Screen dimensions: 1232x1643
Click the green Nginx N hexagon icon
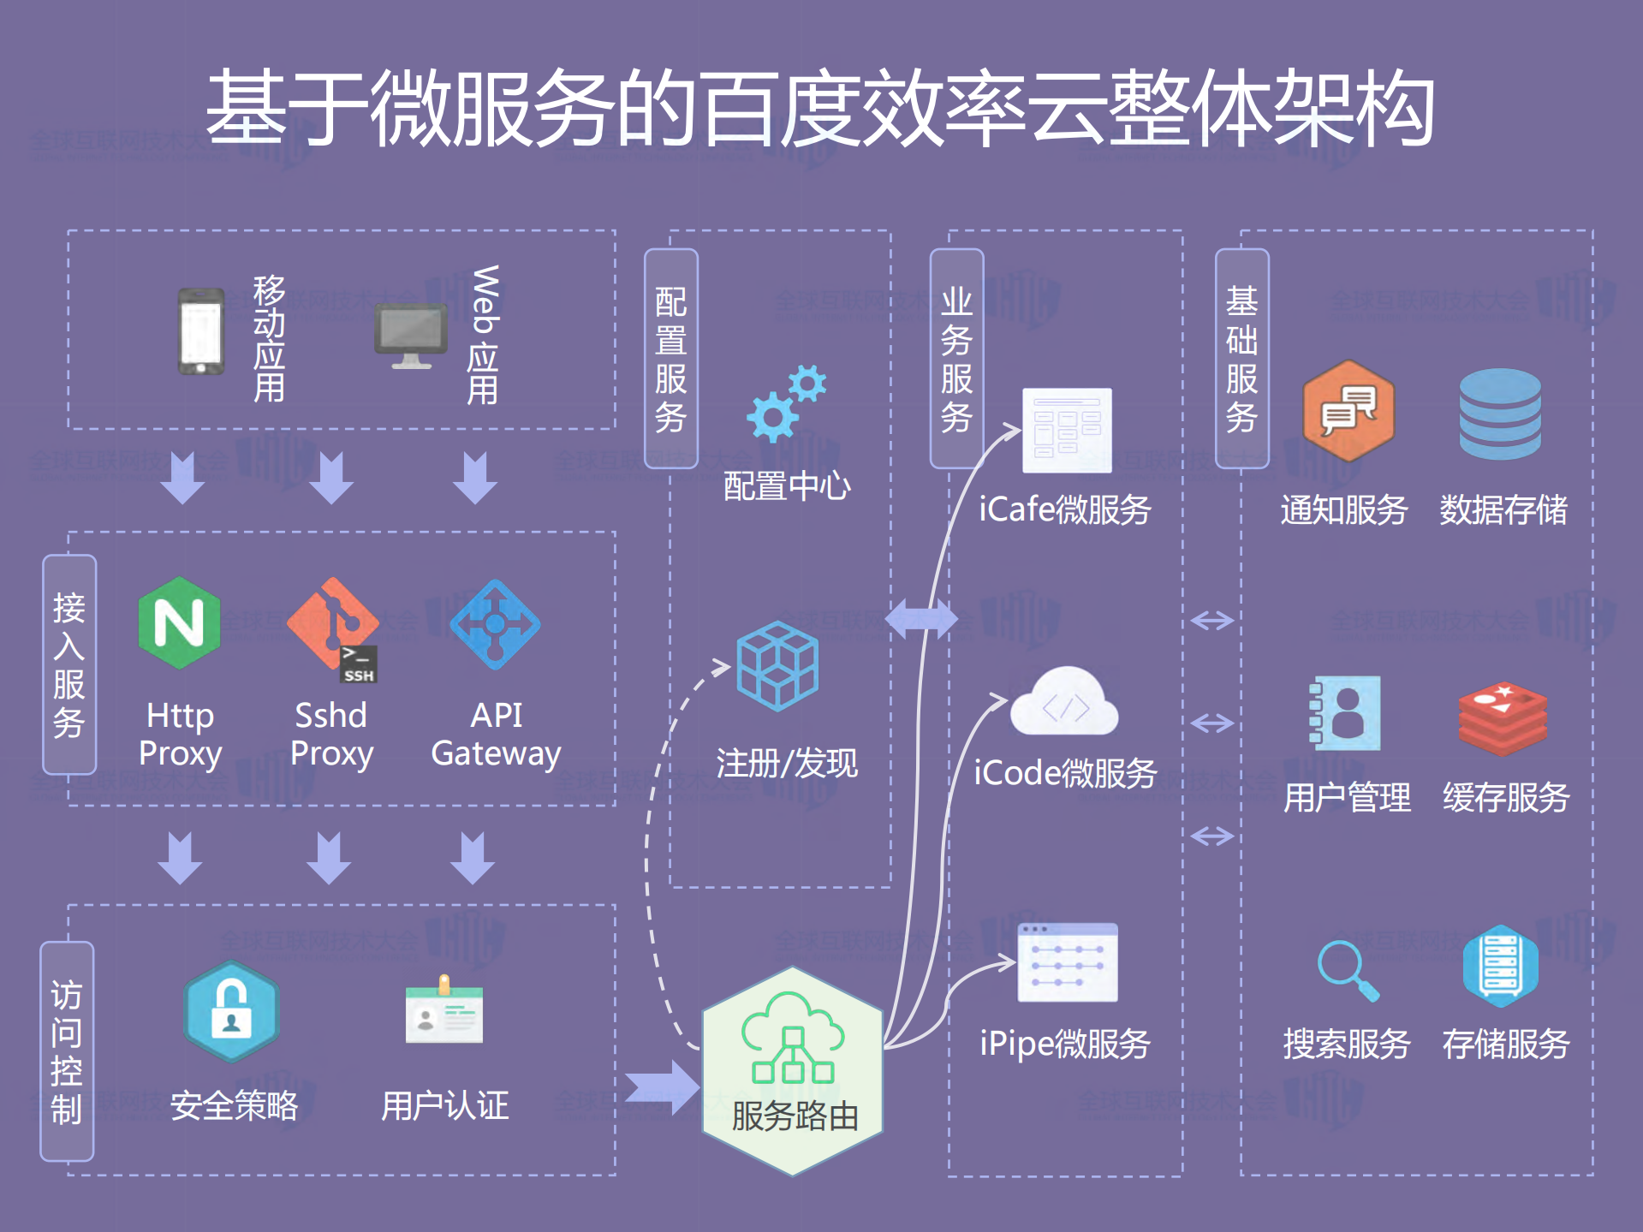click(x=179, y=622)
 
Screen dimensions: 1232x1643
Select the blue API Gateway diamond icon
click(x=495, y=624)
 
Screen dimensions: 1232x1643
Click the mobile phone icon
click(x=201, y=332)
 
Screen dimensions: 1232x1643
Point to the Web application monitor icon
click(x=411, y=335)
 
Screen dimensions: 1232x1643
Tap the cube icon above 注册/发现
click(x=777, y=665)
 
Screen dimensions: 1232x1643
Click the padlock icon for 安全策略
click(x=231, y=1011)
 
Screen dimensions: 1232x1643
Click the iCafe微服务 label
click(x=1065, y=510)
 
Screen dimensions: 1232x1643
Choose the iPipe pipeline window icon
click(x=1068, y=962)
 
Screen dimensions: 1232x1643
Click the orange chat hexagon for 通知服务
click(x=1348, y=410)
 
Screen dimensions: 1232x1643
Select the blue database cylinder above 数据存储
click(x=1500, y=414)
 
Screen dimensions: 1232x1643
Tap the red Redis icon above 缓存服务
click(x=1503, y=717)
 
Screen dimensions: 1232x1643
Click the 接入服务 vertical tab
click(x=69, y=664)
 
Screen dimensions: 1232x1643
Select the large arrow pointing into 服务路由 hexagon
click(x=662, y=1087)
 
